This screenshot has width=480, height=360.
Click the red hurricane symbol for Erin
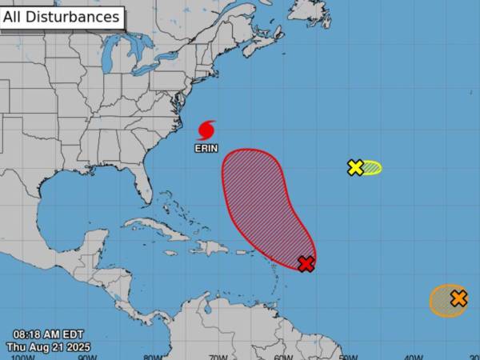pyautogui.click(x=206, y=130)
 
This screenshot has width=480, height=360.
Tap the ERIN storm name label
pyautogui.click(x=206, y=147)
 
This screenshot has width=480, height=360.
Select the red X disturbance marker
pyautogui.click(x=306, y=264)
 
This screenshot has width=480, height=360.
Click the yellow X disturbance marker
pyautogui.click(x=355, y=167)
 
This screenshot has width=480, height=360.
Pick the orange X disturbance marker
pyautogui.click(x=458, y=298)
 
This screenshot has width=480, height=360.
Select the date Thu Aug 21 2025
pyautogui.click(x=49, y=347)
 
